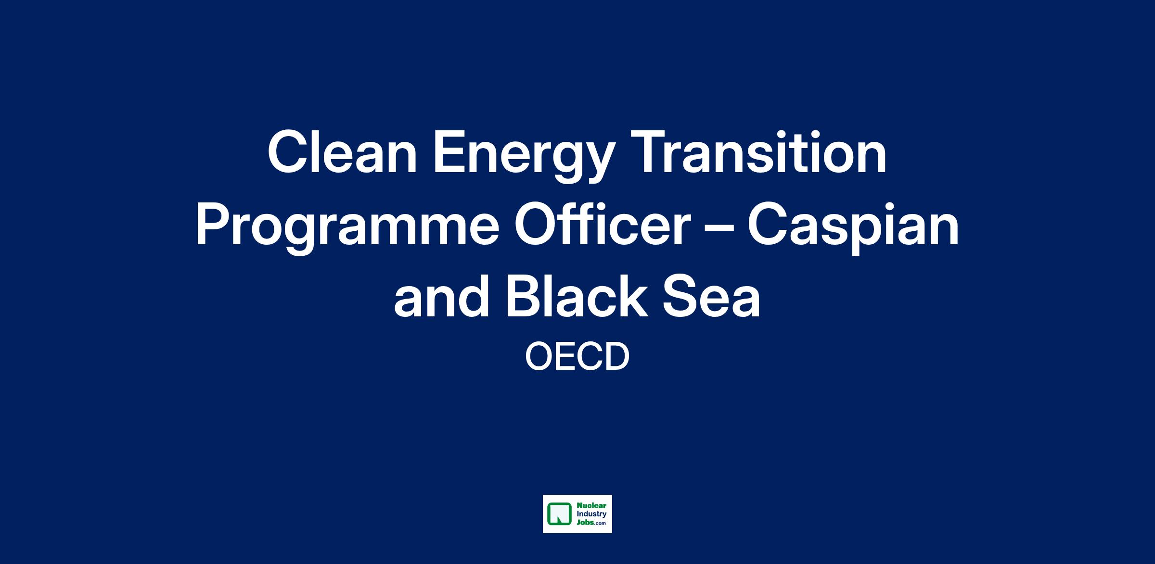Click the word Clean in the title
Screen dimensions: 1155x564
[x=342, y=153]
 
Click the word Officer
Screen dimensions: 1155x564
[x=603, y=224]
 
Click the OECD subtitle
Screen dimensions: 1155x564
[x=577, y=357]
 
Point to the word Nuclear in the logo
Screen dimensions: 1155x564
[x=591, y=506]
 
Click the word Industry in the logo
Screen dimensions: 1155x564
[x=591, y=514]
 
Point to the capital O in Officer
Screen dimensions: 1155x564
[x=536, y=224]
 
